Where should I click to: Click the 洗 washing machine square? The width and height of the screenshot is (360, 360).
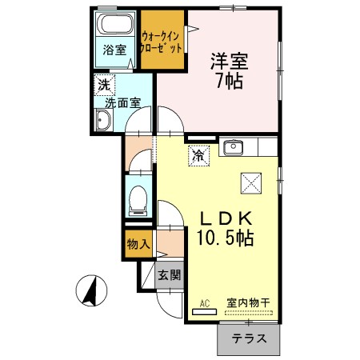click(x=104, y=83)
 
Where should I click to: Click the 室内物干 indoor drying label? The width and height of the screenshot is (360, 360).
click(x=247, y=302)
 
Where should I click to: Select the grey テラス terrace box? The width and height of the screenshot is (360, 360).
click(x=249, y=339)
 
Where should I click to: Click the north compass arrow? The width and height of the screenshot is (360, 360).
click(x=94, y=289)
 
